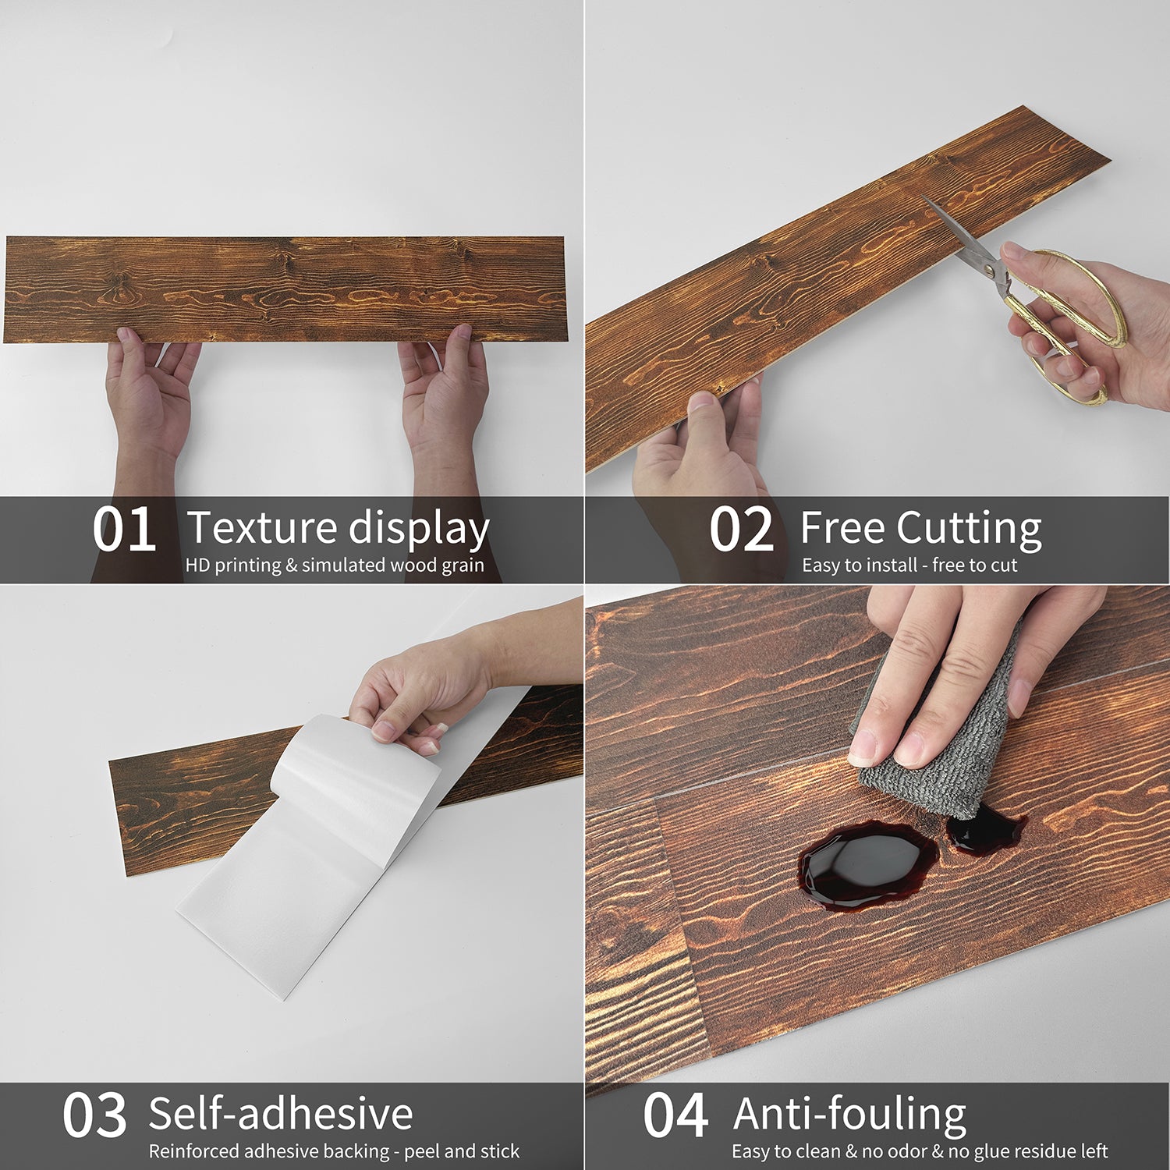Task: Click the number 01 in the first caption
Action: coord(123,530)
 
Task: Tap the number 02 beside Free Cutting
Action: coord(741,530)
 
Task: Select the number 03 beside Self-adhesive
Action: coord(94,1115)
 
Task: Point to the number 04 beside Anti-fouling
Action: coord(675,1115)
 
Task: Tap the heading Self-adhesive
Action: coord(281,1114)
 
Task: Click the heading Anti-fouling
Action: coord(850,1115)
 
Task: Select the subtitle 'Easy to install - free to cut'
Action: coord(909,565)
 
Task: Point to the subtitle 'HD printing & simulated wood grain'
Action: coord(335,565)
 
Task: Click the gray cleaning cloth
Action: coord(936,749)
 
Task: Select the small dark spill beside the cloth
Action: coord(984,830)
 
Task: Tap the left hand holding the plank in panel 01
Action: coord(151,406)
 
